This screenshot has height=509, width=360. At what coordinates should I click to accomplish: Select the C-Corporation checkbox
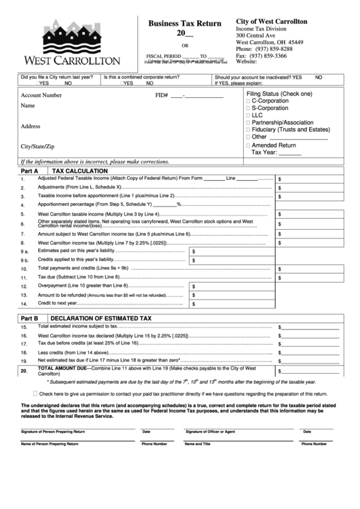(x=249, y=101)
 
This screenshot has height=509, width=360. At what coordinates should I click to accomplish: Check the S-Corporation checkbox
(x=249, y=108)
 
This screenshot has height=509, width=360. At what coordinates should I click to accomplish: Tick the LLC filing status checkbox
(x=249, y=116)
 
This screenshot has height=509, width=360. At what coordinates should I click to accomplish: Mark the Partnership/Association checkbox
(x=249, y=122)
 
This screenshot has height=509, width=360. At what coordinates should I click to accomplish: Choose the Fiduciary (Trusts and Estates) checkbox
(x=249, y=130)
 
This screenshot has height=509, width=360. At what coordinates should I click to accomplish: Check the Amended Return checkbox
(x=249, y=145)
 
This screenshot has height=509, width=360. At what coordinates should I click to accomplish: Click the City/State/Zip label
(x=37, y=147)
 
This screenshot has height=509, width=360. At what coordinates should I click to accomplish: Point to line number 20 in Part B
(x=24, y=371)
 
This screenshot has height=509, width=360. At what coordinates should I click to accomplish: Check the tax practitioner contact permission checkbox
(x=35, y=393)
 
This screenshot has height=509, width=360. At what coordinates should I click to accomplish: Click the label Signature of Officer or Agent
(x=211, y=432)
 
